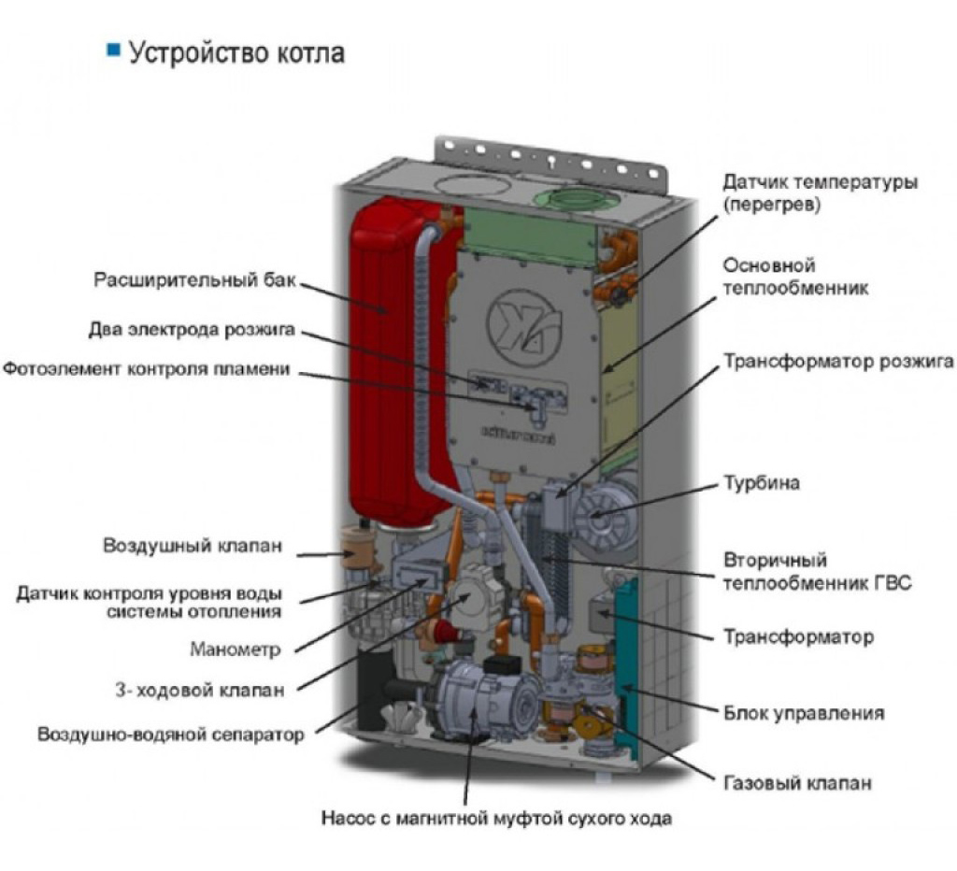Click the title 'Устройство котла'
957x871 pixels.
236,52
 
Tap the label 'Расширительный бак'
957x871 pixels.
194,280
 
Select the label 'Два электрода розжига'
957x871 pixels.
192,330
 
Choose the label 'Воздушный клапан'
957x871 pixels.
193,545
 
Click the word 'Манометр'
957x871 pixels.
235,649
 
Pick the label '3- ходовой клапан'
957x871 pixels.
200,691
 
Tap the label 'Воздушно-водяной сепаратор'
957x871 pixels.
171,735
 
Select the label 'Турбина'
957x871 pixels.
761,483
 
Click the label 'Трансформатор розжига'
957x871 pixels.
838,362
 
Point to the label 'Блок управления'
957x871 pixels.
804,713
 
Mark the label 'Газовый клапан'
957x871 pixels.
797,783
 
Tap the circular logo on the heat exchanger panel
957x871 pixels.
523,328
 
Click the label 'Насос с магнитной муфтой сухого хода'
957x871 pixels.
496,818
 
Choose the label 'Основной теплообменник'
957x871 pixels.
795,277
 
